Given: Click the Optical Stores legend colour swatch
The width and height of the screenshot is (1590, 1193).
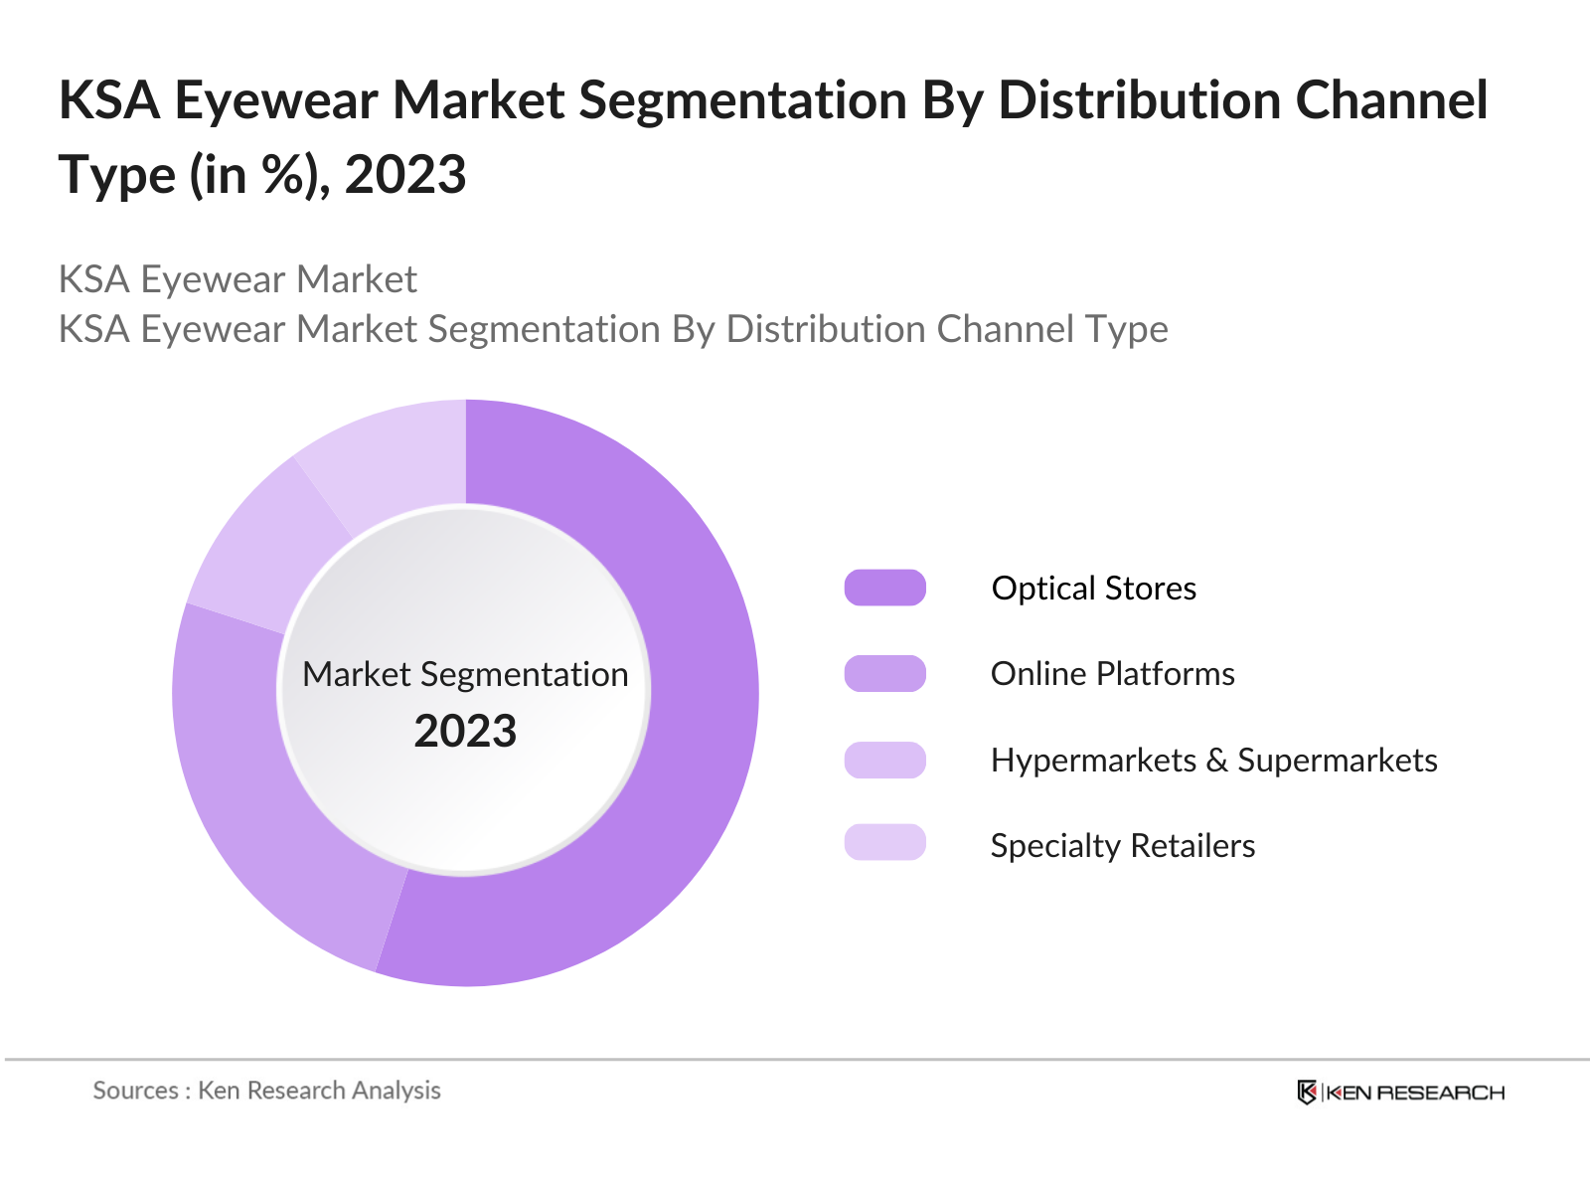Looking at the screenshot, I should (884, 588).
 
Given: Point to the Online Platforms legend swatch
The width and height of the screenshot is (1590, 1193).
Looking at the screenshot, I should (884, 673).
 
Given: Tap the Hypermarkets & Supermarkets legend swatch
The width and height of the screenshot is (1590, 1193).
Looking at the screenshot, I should (884, 760).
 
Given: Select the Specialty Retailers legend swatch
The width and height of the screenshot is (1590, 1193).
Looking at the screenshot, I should (884, 843).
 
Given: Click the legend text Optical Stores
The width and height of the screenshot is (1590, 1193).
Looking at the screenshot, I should (1093, 589).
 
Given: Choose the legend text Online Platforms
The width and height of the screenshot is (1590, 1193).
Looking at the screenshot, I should (1112, 674).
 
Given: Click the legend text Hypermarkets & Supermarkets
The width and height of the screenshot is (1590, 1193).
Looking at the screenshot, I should (1213, 761).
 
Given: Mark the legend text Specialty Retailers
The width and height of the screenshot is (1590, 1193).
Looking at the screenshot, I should (1122, 846).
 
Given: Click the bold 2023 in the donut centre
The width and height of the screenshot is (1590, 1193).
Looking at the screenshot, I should (465, 732).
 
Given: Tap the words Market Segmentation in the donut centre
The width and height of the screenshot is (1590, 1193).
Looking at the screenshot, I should (465, 674).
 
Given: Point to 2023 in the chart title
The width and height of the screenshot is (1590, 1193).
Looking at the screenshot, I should (405, 175).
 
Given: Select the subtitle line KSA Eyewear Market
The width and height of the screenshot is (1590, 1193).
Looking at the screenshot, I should (238, 279).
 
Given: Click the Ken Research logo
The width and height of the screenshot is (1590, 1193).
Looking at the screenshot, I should (1400, 1092).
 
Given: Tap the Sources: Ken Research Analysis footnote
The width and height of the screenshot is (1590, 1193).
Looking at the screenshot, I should (266, 1091).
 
